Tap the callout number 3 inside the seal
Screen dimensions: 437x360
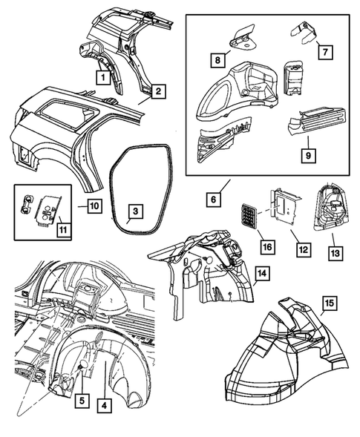pyautogui.click(x=133, y=212)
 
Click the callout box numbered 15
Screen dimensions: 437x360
pyautogui.click(x=330, y=302)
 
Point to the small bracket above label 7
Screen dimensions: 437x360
pyautogui.click(x=303, y=32)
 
